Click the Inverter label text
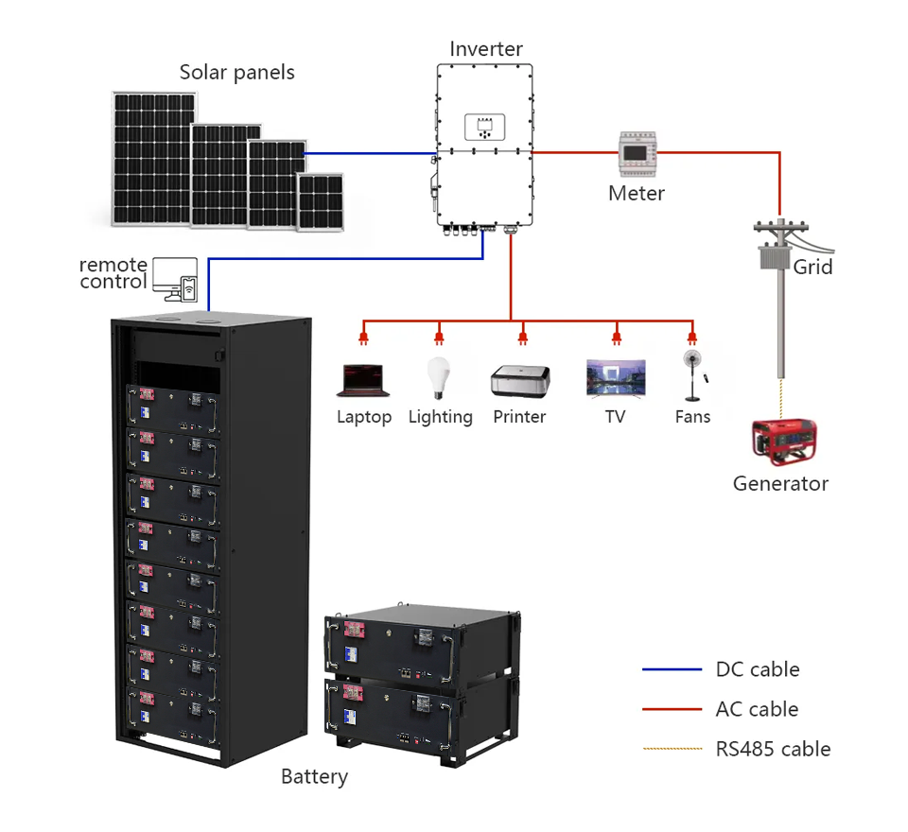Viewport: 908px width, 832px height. pyautogui.click(x=486, y=49)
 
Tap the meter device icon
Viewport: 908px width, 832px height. pyautogui.click(x=637, y=152)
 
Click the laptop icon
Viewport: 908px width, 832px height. pyautogui.click(x=363, y=380)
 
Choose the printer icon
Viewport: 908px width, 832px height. pyautogui.click(x=519, y=380)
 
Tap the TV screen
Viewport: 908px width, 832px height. pyautogui.click(x=616, y=377)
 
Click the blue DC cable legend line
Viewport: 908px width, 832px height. pyautogui.click(x=672, y=670)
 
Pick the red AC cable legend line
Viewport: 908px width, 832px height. pyautogui.click(x=672, y=709)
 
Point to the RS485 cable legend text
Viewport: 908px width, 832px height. pyautogui.click(x=773, y=749)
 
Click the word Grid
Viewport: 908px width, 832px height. pyautogui.click(x=812, y=267)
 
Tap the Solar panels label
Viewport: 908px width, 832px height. pyautogui.click(x=237, y=72)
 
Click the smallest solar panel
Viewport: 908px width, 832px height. pyautogui.click(x=320, y=201)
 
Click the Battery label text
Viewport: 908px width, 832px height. pyautogui.click(x=314, y=777)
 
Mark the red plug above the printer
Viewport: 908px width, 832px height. pyautogui.click(x=522, y=337)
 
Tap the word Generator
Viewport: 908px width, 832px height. pyautogui.click(x=780, y=484)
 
